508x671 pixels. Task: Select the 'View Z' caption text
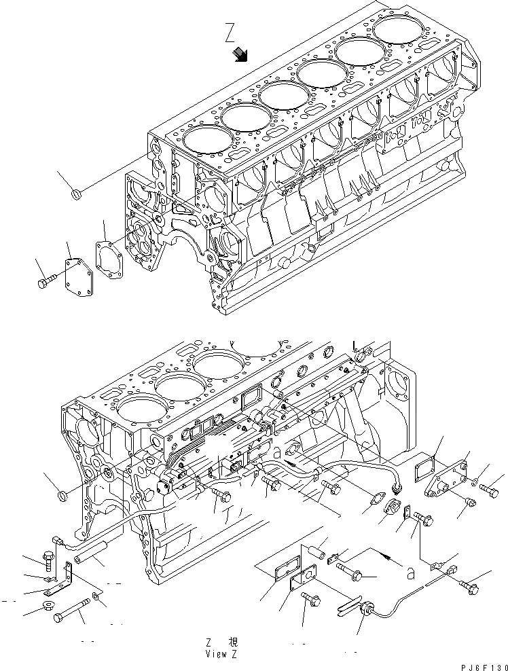[221, 654]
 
